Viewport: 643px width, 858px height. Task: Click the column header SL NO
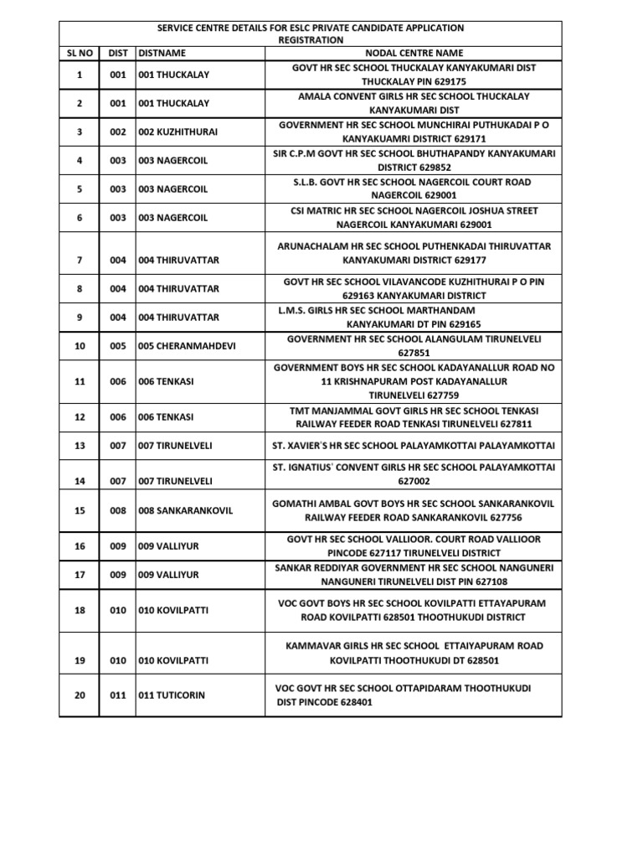coord(80,52)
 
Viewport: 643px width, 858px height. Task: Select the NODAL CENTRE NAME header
coord(414,52)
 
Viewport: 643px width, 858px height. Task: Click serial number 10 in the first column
coord(80,346)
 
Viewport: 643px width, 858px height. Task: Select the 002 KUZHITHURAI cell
coord(177,132)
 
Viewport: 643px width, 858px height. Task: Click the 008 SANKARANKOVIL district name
coord(185,510)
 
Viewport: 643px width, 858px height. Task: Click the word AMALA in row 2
coord(315,96)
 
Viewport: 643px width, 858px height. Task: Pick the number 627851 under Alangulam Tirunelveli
coord(414,354)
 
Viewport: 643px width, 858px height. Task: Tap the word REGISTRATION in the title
coord(310,39)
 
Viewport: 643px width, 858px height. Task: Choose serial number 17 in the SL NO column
coord(80,575)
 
